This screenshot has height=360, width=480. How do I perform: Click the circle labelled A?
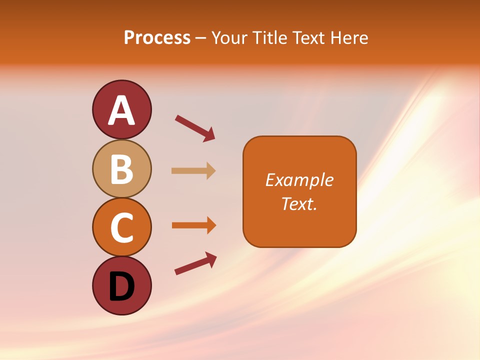click(x=121, y=109)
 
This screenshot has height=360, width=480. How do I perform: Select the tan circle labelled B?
click(x=121, y=168)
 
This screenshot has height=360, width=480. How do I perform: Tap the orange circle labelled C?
click(x=121, y=227)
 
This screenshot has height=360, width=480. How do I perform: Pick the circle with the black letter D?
click(x=121, y=285)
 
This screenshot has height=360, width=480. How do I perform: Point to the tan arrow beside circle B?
click(x=193, y=170)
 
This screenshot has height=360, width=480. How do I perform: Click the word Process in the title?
click(x=157, y=37)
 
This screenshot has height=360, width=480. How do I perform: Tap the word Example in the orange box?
click(x=299, y=180)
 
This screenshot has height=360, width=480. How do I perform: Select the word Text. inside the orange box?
click(x=299, y=203)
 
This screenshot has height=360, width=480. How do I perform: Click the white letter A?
click(x=121, y=110)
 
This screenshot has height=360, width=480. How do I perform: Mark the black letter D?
click(x=121, y=286)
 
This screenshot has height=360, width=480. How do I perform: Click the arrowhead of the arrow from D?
click(x=211, y=258)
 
